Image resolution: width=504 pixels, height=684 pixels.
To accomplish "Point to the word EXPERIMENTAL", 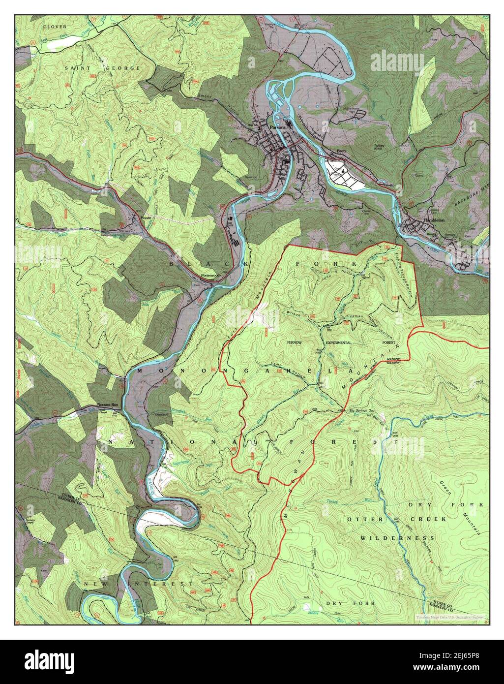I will point(338,342).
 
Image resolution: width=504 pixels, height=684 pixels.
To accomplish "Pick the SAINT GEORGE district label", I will point(102,68).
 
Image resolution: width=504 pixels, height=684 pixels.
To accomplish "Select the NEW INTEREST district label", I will point(138,584).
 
